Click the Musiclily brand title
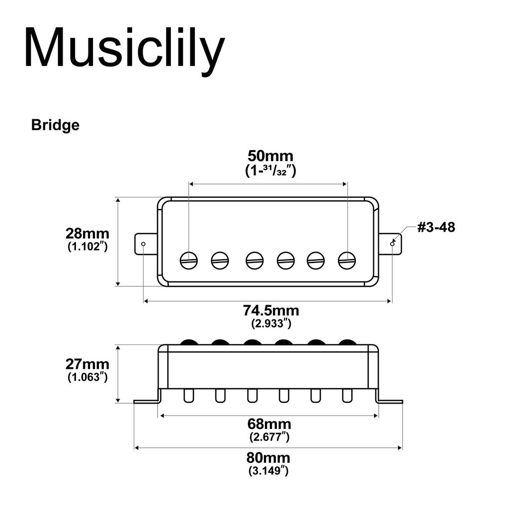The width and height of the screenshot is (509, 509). [124, 48]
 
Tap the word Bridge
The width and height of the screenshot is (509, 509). [55, 125]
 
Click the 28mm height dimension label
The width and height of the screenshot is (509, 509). [87, 233]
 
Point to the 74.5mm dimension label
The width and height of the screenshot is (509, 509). [271, 311]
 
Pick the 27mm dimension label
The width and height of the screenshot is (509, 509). [87, 364]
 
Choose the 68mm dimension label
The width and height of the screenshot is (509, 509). [269, 424]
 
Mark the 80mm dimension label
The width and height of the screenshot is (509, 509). [268, 458]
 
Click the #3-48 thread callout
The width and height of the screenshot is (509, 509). [436, 227]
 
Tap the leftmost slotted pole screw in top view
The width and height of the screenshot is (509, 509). [189, 260]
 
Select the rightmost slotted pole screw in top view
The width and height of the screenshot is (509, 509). [347, 260]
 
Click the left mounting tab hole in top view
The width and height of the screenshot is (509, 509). [144, 244]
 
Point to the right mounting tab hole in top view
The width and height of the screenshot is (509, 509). [392, 244]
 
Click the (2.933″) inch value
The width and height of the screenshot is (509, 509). [271, 324]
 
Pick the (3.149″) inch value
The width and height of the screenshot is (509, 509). [268, 470]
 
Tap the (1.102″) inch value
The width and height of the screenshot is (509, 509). [87, 246]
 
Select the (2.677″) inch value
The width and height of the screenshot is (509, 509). [269, 437]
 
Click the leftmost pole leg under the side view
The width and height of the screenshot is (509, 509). [189, 396]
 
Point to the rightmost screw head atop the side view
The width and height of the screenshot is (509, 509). [347, 342]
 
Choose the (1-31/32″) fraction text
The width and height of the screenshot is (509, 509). [270, 170]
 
